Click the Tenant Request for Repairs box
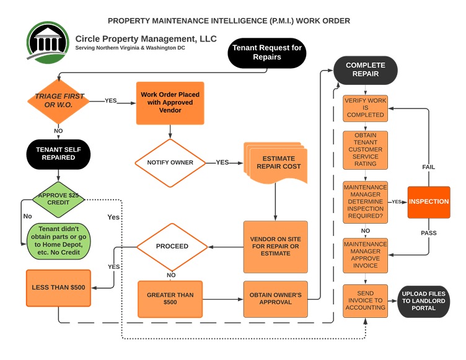tap(266, 52)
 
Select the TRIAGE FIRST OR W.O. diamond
tap(59, 100)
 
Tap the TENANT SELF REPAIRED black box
tap(59, 153)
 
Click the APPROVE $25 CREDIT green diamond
tap(59, 200)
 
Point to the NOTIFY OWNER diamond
tap(170, 162)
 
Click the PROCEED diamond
tap(172, 246)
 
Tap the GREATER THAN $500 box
tap(170, 299)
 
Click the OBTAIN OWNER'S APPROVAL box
tap(276, 299)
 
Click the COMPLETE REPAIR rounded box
tap(365, 69)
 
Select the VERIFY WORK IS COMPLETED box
tap(365, 108)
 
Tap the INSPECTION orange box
tap(429, 201)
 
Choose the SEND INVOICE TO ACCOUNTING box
tap(365, 300)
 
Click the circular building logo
tap(47, 43)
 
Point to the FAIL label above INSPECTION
tap(428, 167)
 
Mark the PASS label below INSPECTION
tap(428, 233)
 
